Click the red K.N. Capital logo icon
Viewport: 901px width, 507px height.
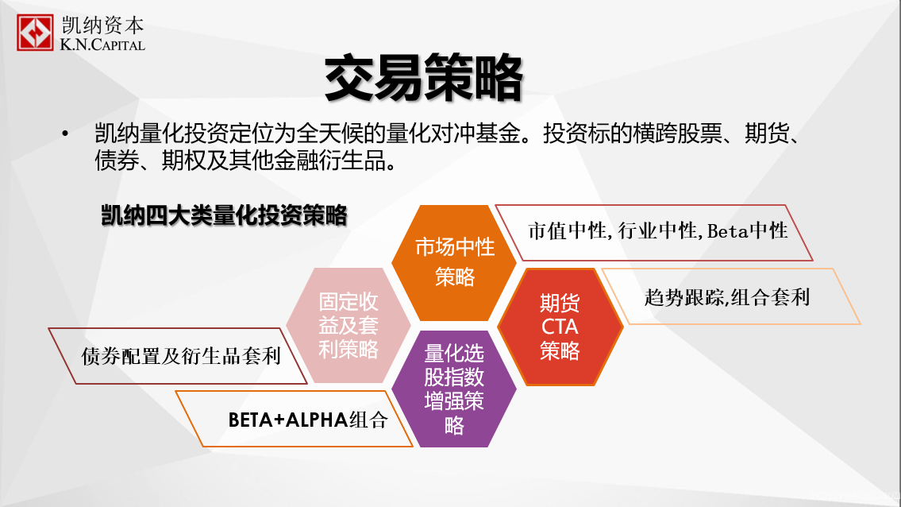(35, 33)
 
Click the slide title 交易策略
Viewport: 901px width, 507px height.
(423, 78)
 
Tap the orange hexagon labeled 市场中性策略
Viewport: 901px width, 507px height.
(454, 263)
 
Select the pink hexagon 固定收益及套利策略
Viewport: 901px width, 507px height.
(348, 325)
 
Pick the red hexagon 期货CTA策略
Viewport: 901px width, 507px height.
(560, 327)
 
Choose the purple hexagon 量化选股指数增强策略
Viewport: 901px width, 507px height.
(454, 389)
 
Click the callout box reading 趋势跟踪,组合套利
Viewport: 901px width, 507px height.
(730, 296)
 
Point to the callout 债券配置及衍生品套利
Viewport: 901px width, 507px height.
(178, 356)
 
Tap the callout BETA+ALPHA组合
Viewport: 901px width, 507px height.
(294, 419)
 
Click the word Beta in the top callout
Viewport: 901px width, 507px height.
(728, 230)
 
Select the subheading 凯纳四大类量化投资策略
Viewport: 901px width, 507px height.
(224, 216)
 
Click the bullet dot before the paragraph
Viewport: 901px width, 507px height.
(65, 134)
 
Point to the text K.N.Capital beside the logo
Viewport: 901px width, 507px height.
(102, 45)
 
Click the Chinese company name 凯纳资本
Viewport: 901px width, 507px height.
(103, 25)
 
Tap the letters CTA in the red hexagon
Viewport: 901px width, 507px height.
(560, 327)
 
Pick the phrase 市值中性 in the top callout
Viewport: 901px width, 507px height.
(567, 230)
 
